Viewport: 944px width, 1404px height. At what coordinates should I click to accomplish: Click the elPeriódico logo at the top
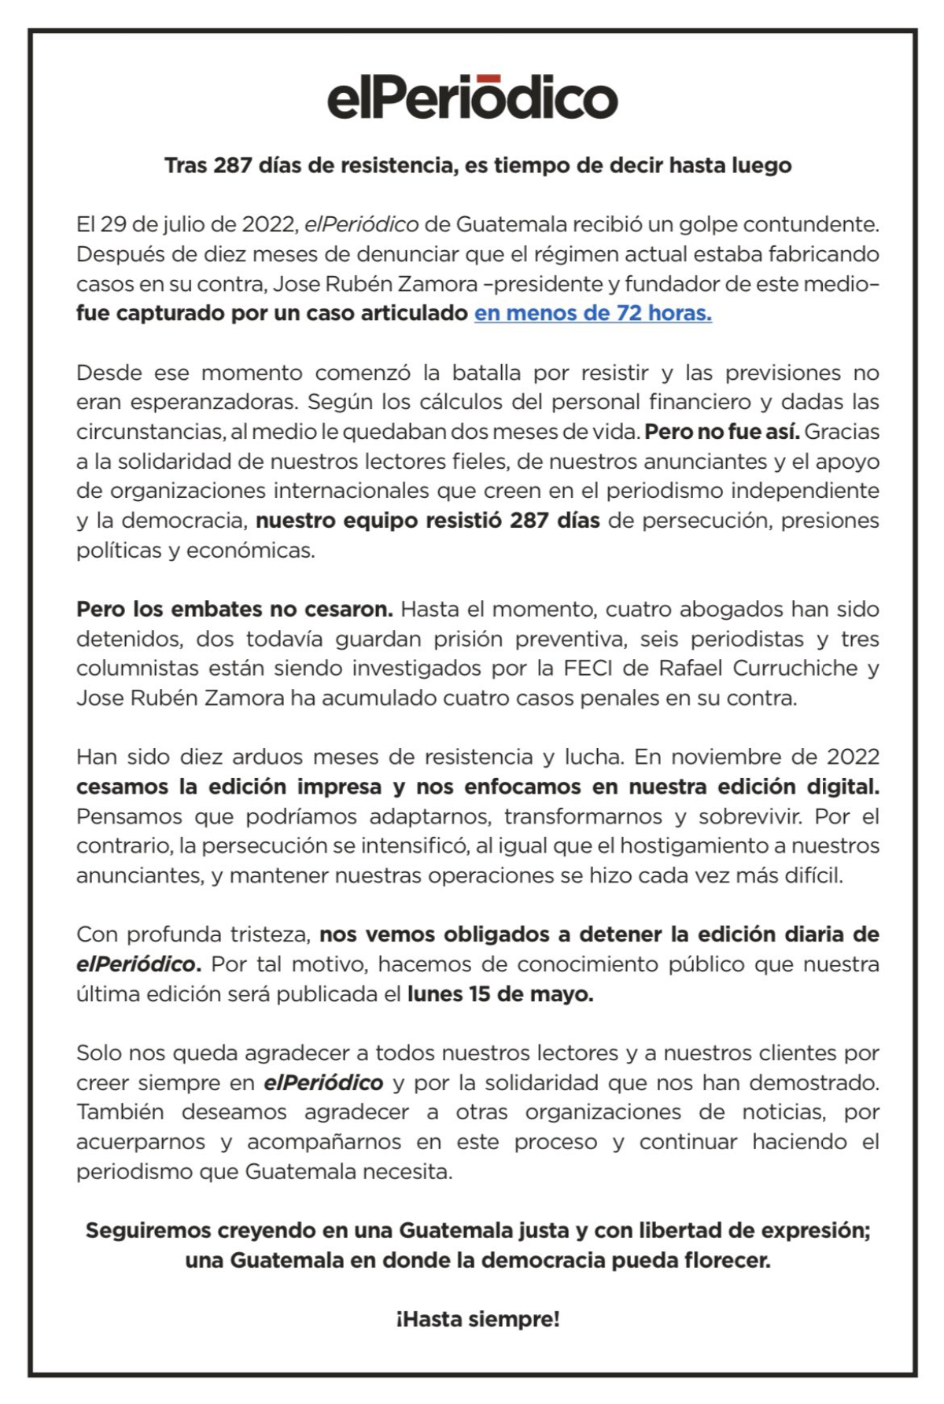click(x=472, y=98)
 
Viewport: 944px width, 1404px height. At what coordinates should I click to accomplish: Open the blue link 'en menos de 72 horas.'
click(x=592, y=313)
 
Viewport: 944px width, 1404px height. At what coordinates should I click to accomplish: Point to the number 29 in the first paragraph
click(x=113, y=225)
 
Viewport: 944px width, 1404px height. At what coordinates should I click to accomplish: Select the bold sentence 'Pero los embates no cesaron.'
click(x=234, y=610)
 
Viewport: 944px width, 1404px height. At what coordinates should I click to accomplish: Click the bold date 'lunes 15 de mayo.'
click(x=500, y=994)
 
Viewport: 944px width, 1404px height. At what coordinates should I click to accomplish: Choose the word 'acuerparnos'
click(x=141, y=1142)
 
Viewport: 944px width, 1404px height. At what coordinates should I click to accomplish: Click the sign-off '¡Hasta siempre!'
click(x=478, y=1319)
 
